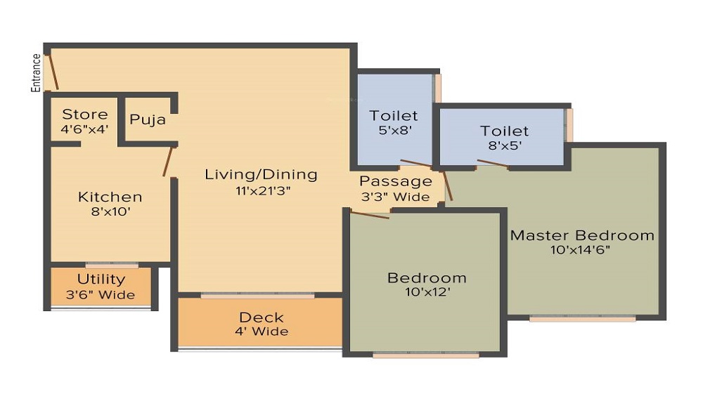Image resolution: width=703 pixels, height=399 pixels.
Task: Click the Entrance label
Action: coord(36,73)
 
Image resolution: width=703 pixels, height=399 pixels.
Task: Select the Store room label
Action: coord(85,115)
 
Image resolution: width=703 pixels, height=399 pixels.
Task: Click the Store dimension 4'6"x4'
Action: coord(85,129)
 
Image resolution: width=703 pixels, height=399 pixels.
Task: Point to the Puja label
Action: coord(148,119)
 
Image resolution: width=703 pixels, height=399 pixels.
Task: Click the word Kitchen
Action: coord(110,197)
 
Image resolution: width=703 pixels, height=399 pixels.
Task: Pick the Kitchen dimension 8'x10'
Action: coord(110,211)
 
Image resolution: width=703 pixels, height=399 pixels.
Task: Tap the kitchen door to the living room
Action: coord(168,162)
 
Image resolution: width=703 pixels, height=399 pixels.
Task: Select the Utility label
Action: coord(101,280)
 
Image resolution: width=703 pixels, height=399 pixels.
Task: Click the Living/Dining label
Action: coord(261,174)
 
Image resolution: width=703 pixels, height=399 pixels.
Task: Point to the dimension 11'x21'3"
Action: coord(261,190)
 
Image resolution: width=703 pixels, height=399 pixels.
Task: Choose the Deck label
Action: coord(261,317)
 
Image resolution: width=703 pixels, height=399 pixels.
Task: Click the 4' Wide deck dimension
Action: coord(261,331)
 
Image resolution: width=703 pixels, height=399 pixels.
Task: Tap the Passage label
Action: coord(396,182)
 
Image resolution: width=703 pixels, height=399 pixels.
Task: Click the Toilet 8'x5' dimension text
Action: coord(505,147)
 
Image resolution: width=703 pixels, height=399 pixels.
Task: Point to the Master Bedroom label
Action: coord(582,235)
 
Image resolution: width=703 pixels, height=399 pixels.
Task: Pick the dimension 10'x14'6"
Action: coord(582,250)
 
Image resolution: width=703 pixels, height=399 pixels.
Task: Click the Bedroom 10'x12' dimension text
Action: coord(427,292)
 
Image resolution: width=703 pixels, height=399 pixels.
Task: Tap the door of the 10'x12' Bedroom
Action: coord(370,215)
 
